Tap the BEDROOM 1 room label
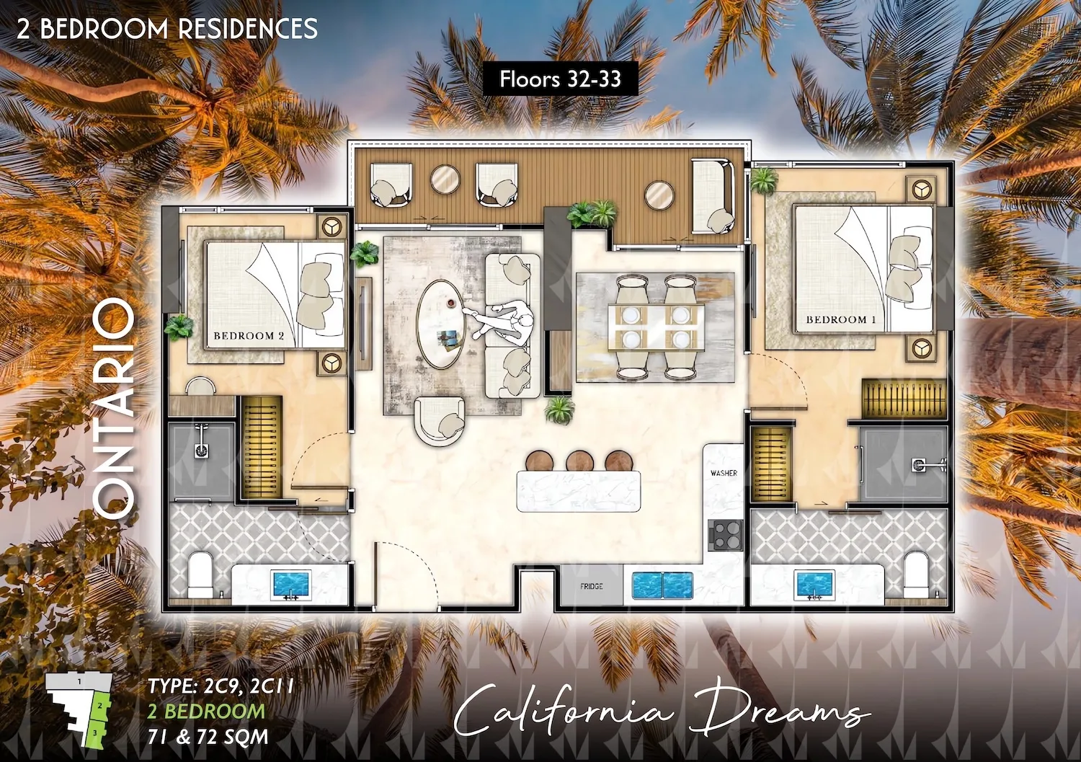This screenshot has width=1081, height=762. click(842, 319)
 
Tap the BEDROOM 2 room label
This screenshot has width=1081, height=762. click(249, 336)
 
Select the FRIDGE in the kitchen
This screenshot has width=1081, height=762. click(592, 586)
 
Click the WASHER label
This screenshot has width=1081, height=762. click(724, 473)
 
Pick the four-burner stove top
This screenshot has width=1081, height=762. click(725, 535)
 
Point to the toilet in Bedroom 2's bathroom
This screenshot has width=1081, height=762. click(200, 575)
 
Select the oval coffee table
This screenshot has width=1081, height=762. click(439, 324)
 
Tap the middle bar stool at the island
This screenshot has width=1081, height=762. click(579, 461)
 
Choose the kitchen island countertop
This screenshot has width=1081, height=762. click(579, 491)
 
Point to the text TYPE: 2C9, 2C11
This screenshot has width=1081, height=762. click(221, 686)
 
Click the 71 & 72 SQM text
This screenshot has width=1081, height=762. click(208, 737)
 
